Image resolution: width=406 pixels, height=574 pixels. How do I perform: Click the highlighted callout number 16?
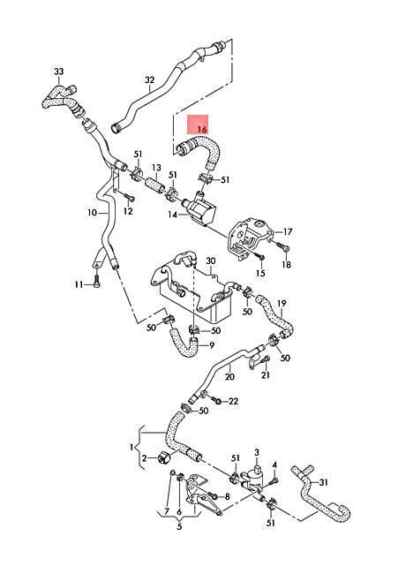point(202,129)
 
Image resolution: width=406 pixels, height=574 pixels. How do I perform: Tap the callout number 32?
point(150,80)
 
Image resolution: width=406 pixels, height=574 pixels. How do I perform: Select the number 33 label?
point(59,71)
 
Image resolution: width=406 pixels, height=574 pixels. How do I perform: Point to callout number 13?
point(156,168)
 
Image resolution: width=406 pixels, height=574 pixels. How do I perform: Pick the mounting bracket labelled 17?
point(249,238)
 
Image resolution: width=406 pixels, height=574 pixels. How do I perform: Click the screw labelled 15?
point(260,257)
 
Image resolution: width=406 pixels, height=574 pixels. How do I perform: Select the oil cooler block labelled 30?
point(192,287)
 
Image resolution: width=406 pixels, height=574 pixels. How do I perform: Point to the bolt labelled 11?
point(96,283)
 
